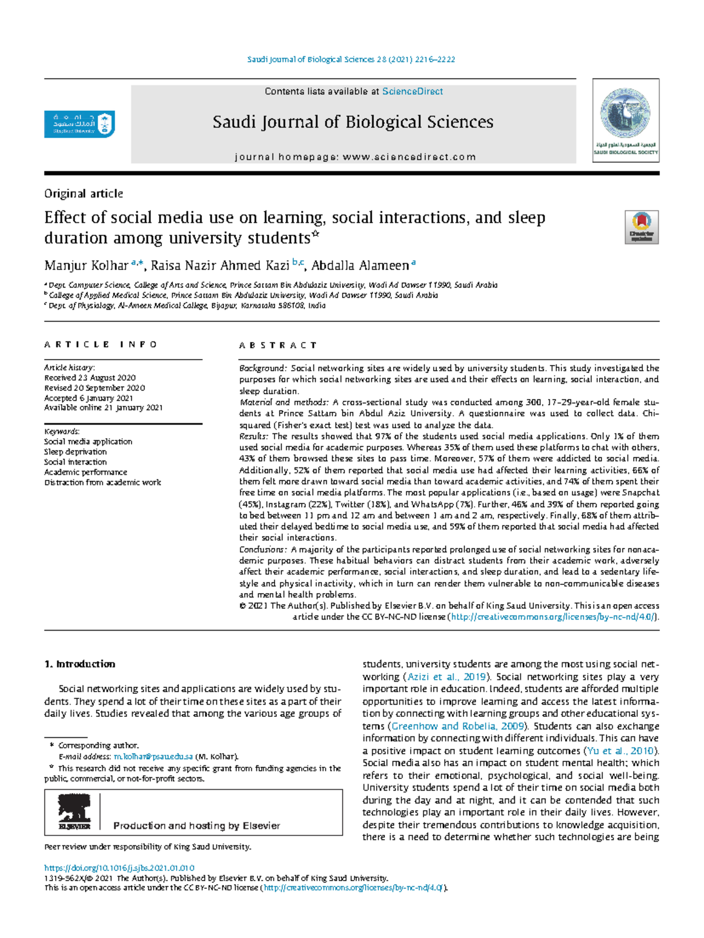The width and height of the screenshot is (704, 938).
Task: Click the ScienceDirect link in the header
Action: pos(412,92)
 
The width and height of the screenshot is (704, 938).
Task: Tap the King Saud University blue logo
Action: pos(79,124)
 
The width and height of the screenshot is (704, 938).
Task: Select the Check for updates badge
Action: pos(641,227)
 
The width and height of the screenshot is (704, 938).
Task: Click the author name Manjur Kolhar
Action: pos(86,266)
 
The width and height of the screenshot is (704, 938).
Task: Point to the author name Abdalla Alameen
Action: pos(360,266)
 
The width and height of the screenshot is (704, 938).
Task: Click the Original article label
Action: pos(83,194)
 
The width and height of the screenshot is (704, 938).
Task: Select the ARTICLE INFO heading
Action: pos(101,345)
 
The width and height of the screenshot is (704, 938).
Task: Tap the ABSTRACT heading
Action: pos(278,346)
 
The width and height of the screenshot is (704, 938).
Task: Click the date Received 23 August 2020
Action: pos(90,378)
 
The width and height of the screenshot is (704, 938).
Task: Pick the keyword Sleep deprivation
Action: pos(75,452)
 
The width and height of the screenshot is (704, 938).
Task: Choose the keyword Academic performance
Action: pos(85,472)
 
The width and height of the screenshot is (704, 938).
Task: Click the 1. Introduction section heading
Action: pos(80,664)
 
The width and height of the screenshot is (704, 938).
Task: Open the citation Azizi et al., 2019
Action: pos(447,676)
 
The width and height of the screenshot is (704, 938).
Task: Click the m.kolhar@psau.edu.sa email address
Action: pos(153,757)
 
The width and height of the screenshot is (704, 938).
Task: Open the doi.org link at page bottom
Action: pos(119,868)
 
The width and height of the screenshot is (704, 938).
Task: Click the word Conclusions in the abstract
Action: pos(262,550)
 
